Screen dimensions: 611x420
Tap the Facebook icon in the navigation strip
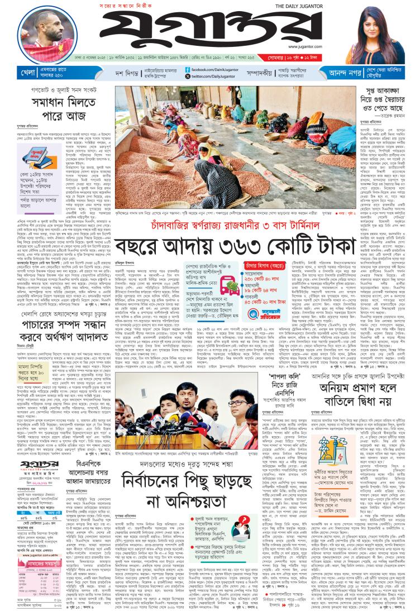179,68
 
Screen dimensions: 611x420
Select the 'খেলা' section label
13,72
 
